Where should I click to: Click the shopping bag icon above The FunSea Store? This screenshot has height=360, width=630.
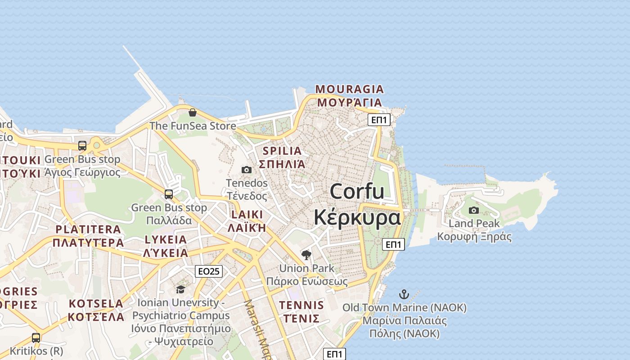coord(193,112)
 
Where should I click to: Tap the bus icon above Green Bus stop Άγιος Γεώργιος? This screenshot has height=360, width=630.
coord(82,146)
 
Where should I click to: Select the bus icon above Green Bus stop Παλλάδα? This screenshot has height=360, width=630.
coord(169,194)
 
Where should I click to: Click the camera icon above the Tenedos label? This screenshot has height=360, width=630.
coord(247,170)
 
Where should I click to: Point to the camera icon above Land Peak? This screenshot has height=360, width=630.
coord(474,210)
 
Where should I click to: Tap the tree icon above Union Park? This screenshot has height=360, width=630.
coord(306,255)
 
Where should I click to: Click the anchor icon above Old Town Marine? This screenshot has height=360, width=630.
coord(404,295)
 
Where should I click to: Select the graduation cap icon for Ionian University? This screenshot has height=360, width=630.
coord(180,289)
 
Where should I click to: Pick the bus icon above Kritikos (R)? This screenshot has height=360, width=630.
coord(36,337)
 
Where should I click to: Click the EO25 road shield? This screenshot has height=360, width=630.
coord(209,271)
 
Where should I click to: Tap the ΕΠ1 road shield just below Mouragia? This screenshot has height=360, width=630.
coord(379,120)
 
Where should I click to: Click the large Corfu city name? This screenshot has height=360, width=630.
coord(357,192)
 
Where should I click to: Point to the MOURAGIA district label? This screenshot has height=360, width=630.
coord(350,89)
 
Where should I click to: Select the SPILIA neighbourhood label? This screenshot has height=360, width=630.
coord(282,151)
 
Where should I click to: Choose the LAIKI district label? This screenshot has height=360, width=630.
coord(247,215)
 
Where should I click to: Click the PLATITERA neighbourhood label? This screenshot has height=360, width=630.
coord(88,229)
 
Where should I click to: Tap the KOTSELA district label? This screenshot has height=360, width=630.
coord(96,303)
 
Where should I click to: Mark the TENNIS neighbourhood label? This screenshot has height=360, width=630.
coord(301,305)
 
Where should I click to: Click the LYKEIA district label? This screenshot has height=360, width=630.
coord(166,239)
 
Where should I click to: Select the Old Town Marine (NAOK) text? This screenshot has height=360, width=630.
coord(404,308)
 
